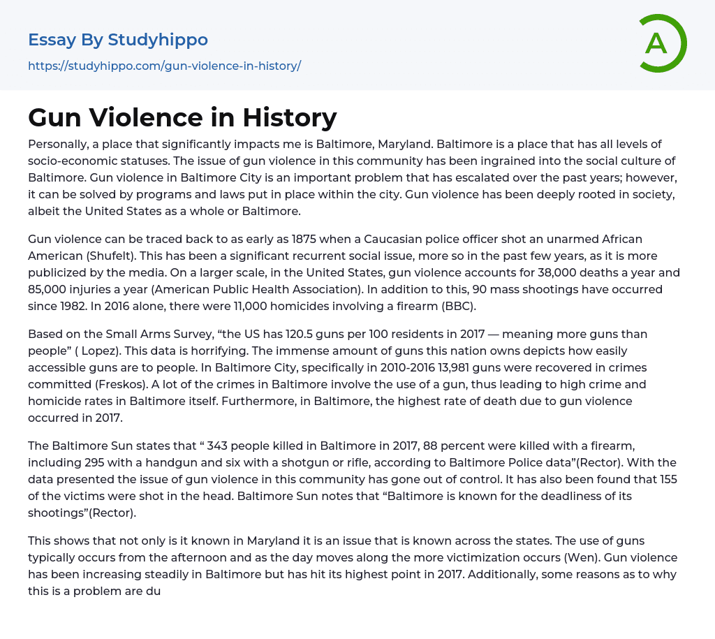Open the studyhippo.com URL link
[164, 66]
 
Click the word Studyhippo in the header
[158, 40]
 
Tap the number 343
[219, 446]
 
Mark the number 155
[667, 479]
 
